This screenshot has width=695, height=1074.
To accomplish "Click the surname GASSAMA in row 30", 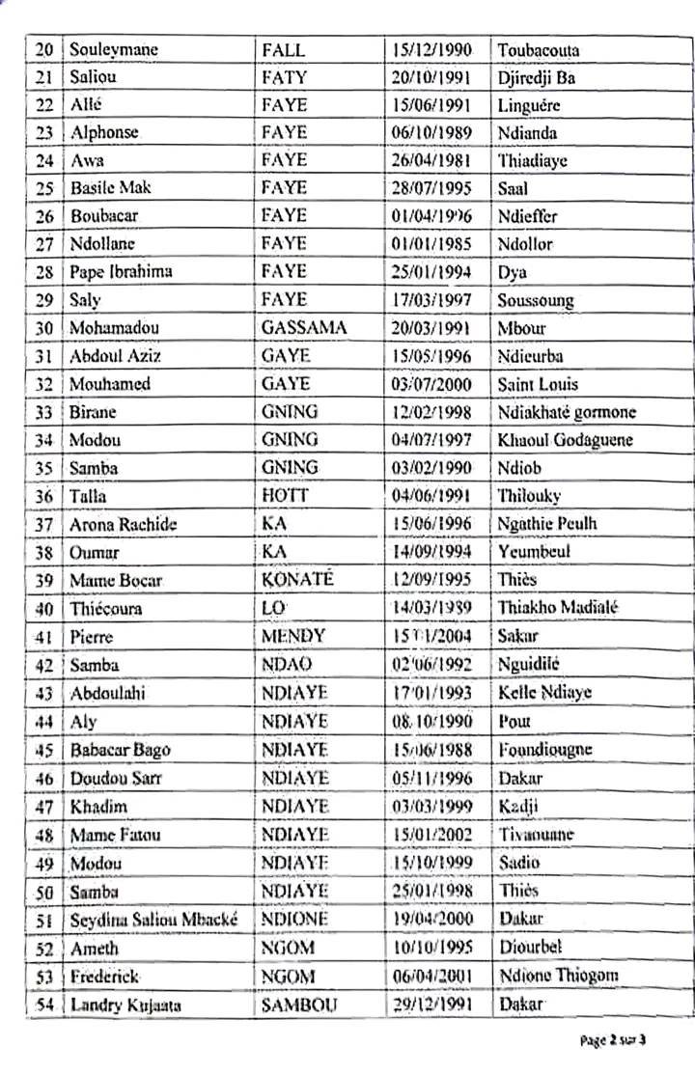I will tap(303, 328).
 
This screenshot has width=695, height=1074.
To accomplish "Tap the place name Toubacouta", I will tap(539, 49).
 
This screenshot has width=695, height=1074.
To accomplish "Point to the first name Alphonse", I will tap(104, 132).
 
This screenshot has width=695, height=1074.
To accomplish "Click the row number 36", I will tap(43, 497).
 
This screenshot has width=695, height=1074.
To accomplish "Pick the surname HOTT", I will tap(285, 496).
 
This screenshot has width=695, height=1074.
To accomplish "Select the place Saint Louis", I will tap(538, 384).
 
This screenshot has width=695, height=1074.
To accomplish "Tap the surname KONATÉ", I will tap(297, 580).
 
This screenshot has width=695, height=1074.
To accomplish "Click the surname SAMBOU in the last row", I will tap(299, 1005).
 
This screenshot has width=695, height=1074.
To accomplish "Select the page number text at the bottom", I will tap(613, 1040).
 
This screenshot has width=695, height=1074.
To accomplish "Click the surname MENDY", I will tap(294, 636).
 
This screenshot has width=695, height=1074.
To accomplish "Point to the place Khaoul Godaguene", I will tap(566, 440).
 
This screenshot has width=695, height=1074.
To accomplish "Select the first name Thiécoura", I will tap(107, 608).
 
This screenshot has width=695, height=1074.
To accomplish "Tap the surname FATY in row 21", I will tap(284, 77).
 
